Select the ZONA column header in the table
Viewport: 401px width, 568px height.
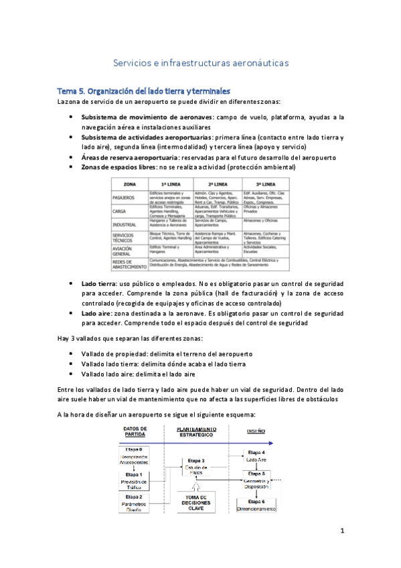[x=130, y=183]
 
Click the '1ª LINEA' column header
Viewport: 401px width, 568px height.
[x=171, y=183]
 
